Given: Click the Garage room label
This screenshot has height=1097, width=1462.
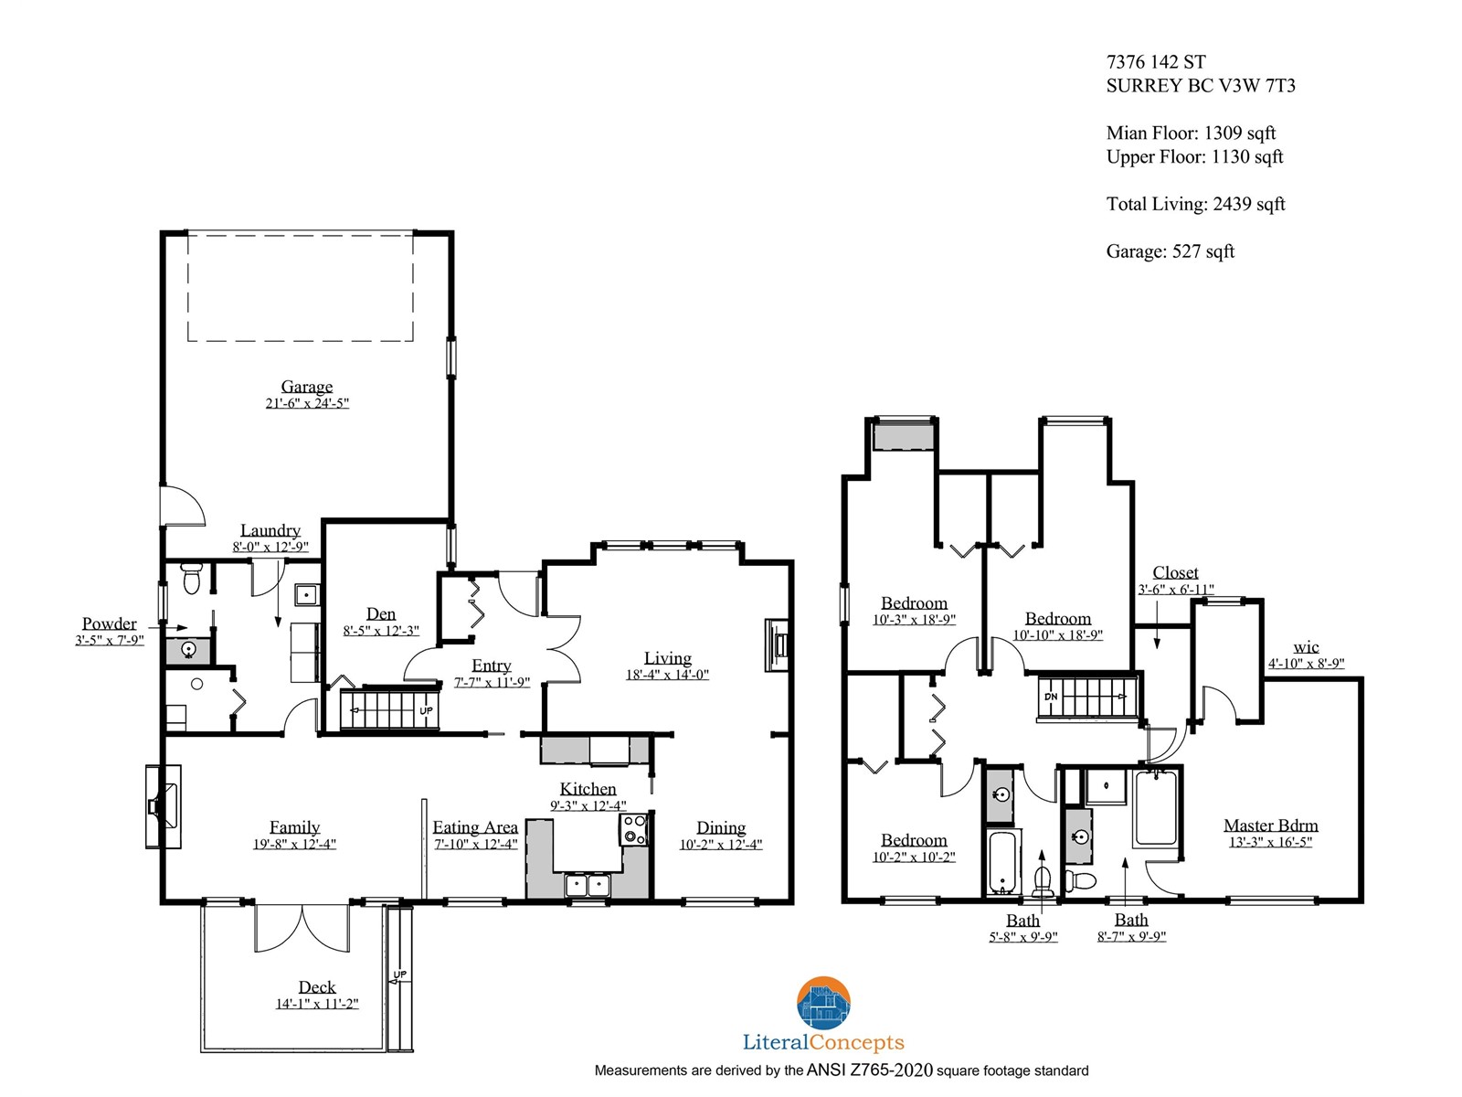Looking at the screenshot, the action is pyautogui.click(x=306, y=387).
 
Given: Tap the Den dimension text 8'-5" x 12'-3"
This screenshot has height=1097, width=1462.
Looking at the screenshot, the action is pyautogui.click(x=381, y=631).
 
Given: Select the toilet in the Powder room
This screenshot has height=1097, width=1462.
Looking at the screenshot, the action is pyautogui.click(x=191, y=578).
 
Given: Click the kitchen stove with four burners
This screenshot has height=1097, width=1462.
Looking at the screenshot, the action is pyautogui.click(x=633, y=830).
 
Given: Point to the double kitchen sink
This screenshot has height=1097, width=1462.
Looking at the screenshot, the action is pyautogui.click(x=587, y=885).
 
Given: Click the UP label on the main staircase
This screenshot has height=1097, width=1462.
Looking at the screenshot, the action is pyautogui.click(x=427, y=710).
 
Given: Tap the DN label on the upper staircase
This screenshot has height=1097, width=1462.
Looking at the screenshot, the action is pyautogui.click(x=1051, y=697).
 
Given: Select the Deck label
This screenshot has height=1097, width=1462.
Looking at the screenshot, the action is pyautogui.click(x=317, y=987).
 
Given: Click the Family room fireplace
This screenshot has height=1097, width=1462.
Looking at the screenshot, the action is pyautogui.click(x=164, y=806).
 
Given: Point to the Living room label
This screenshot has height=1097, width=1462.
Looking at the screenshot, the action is pyautogui.click(x=667, y=658).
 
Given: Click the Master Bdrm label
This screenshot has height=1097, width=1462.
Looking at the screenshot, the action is pyautogui.click(x=1271, y=825).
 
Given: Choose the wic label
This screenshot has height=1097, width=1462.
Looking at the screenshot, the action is pyautogui.click(x=1306, y=646).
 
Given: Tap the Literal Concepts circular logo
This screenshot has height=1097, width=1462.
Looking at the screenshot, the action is pyautogui.click(x=823, y=1003).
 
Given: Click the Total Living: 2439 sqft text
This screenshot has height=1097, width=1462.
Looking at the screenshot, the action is pyautogui.click(x=1195, y=204).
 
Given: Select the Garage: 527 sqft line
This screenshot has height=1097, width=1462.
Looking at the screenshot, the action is pyautogui.click(x=1171, y=251).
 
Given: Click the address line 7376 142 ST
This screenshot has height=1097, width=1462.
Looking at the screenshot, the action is pyautogui.click(x=1156, y=62).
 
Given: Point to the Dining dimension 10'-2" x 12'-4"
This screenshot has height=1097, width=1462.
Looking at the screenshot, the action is pyautogui.click(x=721, y=845).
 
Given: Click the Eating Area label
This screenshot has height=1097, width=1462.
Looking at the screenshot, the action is pyautogui.click(x=475, y=827).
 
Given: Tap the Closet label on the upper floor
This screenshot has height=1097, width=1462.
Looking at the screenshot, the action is pyautogui.click(x=1176, y=572).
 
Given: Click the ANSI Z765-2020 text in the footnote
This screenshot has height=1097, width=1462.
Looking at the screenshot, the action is pyautogui.click(x=869, y=1070).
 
